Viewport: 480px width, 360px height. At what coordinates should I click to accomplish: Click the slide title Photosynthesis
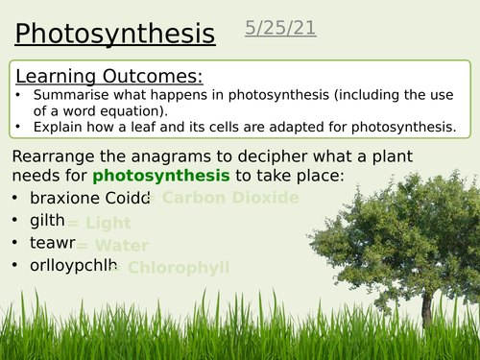[115, 35]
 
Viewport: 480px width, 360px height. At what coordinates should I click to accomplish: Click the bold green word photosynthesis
[161, 175]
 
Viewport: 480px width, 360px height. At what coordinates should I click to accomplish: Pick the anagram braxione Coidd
[90, 199]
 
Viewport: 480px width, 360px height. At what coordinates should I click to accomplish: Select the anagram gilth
[47, 222]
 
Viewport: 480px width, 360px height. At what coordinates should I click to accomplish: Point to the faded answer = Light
[98, 223]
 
